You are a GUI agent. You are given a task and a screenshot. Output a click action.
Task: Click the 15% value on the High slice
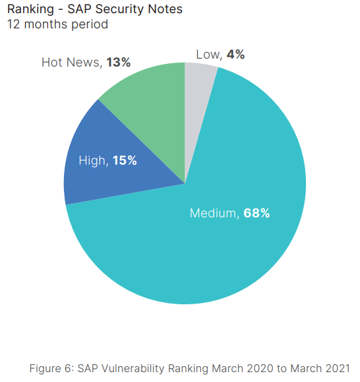(x=125, y=160)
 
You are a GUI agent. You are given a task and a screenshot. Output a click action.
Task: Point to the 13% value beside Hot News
(x=118, y=63)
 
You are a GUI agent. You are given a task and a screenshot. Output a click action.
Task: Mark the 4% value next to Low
(x=235, y=55)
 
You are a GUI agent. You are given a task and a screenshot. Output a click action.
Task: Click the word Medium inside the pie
(x=212, y=213)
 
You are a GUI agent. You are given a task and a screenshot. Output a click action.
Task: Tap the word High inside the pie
(x=92, y=160)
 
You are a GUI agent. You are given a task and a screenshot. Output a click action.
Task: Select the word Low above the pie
(x=208, y=55)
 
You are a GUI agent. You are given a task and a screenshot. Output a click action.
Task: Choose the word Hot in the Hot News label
(x=53, y=63)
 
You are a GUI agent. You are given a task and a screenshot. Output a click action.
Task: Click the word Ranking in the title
(x=30, y=9)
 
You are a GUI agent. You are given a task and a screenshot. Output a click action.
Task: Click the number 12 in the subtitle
(x=13, y=24)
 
